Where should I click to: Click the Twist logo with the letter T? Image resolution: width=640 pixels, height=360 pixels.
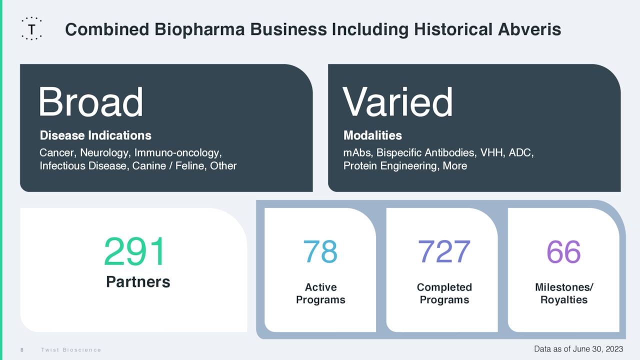pyautogui.click(x=31, y=29)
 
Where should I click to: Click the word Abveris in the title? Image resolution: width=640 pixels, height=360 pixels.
pyautogui.click(x=529, y=29)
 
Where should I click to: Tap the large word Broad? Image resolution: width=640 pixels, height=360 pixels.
pyautogui.click(x=90, y=102)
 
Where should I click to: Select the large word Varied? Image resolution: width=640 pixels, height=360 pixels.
pyautogui.click(x=397, y=102)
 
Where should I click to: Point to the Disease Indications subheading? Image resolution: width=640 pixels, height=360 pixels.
pyautogui.click(x=95, y=135)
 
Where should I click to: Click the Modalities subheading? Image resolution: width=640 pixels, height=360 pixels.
pyautogui.click(x=372, y=135)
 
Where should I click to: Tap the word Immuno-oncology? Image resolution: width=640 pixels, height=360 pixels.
pyautogui.click(x=177, y=152)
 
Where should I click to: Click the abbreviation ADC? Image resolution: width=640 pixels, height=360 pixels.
pyautogui.click(x=521, y=152)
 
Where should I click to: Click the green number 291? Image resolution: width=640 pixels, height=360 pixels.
pyautogui.click(x=134, y=252)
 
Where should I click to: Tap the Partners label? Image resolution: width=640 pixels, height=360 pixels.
pyautogui.click(x=138, y=282)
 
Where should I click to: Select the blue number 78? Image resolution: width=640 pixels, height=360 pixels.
pyautogui.click(x=320, y=251)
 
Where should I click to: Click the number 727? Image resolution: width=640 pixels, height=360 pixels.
pyautogui.click(x=444, y=251)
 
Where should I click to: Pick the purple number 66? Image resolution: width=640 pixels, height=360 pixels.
pyautogui.click(x=563, y=251)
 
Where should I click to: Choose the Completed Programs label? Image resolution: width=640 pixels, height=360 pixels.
pyautogui.click(x=444, y=293)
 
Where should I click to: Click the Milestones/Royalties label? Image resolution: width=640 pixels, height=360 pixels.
pyautogui.click(x=564, y=293)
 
